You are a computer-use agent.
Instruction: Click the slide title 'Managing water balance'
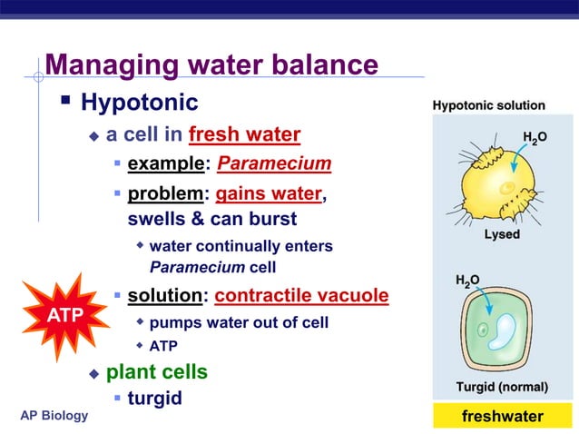[x=211, y=65]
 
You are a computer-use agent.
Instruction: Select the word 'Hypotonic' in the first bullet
[x=139, y=102]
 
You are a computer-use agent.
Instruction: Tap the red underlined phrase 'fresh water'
[x=244, y=135]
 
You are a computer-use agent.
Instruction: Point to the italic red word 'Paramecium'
[x=274, y=164]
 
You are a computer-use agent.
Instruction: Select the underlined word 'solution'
[x=164, y=296]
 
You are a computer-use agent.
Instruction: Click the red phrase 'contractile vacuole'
[x=301, y=296]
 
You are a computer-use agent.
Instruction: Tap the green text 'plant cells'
[x=157, y=372]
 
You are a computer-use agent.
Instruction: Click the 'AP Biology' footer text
[x=54, y=416]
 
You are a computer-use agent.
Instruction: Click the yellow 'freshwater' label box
[x=502, y=417]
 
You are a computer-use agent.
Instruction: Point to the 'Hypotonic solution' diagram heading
[x=489, y=106]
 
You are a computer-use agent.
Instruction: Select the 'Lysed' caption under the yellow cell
[x=501, y=234]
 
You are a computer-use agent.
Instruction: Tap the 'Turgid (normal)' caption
[x=501, y=388]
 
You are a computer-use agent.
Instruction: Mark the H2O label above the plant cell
[x=468, y=280]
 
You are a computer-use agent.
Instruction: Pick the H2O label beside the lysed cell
[x=535, y=137]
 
